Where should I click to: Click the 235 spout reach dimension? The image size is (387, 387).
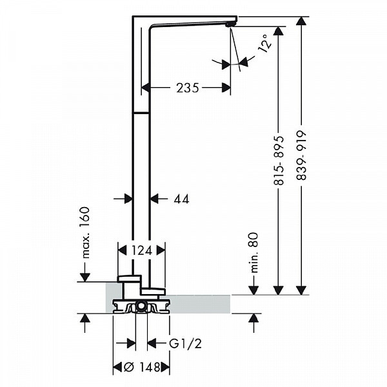click(187, 88)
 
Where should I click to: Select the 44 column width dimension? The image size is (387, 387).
click(181, 199)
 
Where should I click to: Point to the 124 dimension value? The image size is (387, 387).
click(141, 250)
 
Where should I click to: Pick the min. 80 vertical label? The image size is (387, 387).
click(253, 251)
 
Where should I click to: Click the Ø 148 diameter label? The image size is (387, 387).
click(142, 368)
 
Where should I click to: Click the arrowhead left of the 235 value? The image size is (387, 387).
click(146, 88)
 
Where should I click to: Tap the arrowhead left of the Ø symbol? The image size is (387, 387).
click(117, 368)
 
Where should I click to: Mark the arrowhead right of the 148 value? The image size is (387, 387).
click(166, 368)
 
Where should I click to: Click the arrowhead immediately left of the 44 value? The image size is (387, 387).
click(155, 199)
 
